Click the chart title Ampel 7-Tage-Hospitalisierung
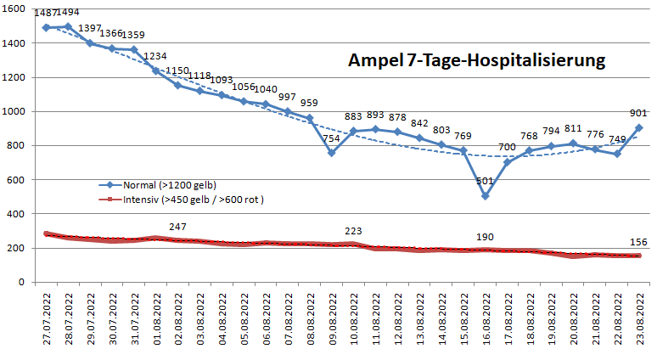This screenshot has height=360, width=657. click(476, 61)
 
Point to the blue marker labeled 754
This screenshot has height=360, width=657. click(332, 153)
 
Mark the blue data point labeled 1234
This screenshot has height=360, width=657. click(156, 70)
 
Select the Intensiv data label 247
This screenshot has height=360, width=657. click(177, 227)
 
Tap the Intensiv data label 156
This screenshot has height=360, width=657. click(638, 242)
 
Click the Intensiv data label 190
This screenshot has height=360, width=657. click(486, 237)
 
